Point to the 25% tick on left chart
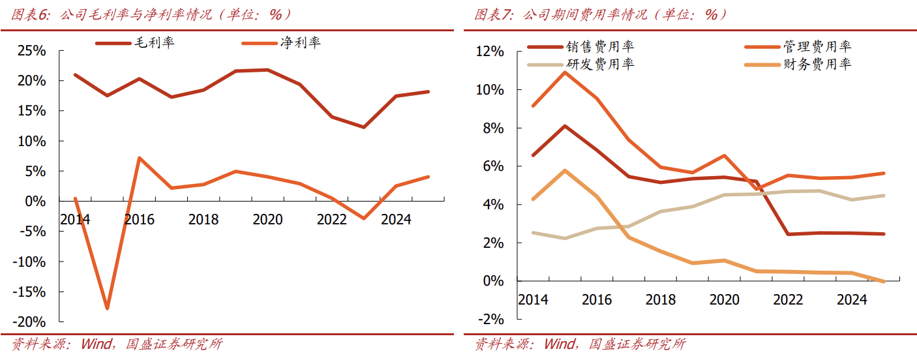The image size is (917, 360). pyautogui.click(x=31, y=51)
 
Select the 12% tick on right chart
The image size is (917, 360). pyautogui.click(x=490, y=52)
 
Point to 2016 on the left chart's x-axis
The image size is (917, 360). pyautogui.click(x=139, y=220)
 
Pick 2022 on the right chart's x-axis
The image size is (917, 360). pyautogui.click(x=788, y=300)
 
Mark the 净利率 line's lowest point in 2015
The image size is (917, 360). pyautogui.click(x=107, y=308)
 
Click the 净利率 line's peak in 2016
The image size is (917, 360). pyautogui.click(x=139, y=158)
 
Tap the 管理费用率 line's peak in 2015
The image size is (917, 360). pyautogui.click(x=565, y=72)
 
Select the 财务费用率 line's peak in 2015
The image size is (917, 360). pyautogui.click(x=565, y=170)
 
